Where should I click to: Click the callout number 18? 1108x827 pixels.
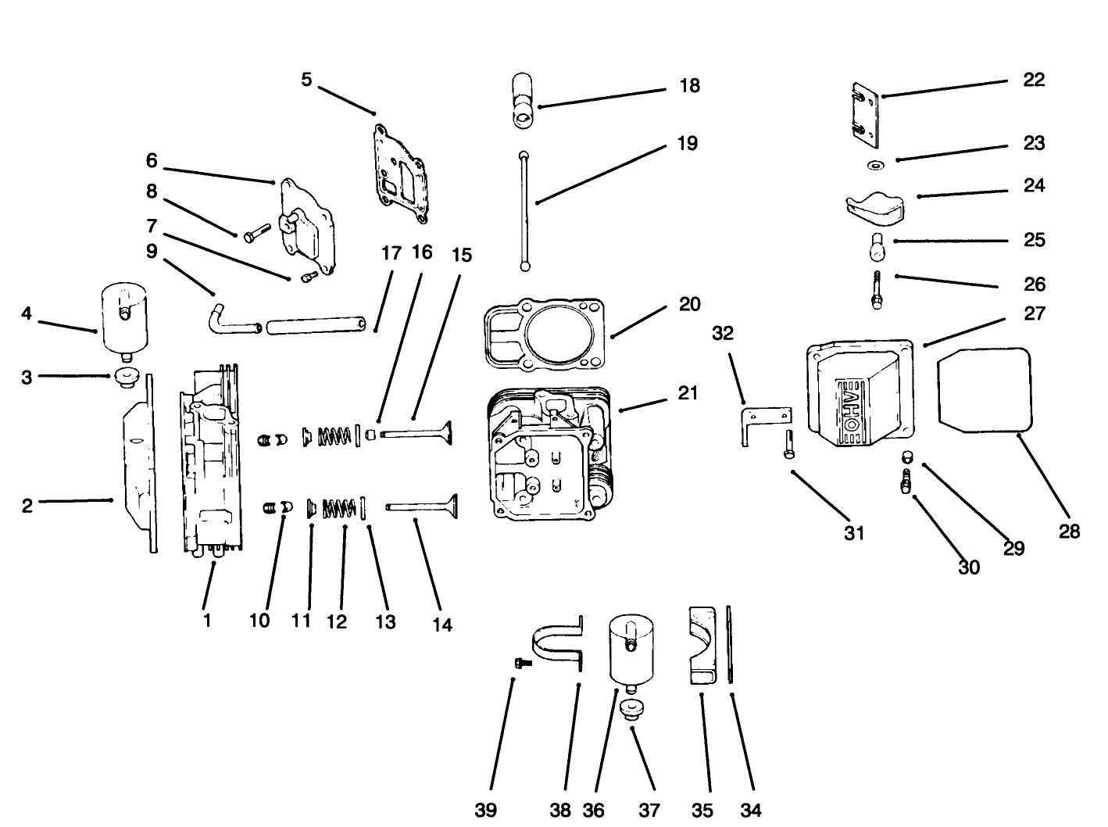689,85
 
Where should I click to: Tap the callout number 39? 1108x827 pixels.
486,810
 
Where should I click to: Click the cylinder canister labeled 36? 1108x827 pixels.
631,648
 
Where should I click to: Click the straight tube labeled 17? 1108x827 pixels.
316,324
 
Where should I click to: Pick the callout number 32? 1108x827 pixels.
724,333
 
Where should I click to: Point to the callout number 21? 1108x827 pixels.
688,392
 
